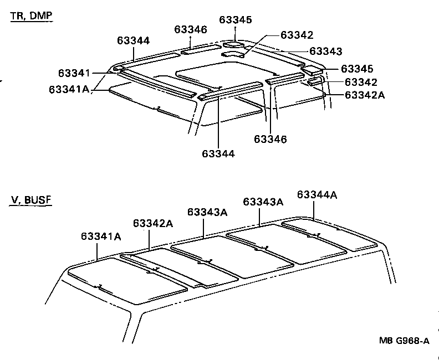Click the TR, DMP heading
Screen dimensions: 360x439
click(x=31, y=16)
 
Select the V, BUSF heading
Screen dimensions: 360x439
click(x=31, y=199)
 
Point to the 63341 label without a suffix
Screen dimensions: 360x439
click(x=74, y=73)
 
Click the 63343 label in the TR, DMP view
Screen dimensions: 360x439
click(x=325, y=51)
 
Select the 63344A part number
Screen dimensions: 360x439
click(x=317, y=194)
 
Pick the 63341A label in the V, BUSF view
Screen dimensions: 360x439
click(x=101, y=236)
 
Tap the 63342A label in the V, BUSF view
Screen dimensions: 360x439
click(x=153, y=223)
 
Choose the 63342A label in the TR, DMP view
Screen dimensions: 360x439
click(x=364, y=95)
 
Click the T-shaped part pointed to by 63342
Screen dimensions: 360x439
click(x=234, y=54)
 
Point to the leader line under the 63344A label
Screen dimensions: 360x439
click(x=315, y=210)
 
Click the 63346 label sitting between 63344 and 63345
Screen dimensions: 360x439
click(x=191, y=29)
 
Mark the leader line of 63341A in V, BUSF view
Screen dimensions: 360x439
click(x=98, y=251)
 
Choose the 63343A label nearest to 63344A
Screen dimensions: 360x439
click(x=263, y=202)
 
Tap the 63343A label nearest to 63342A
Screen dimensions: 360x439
click(x=207, y=212)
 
